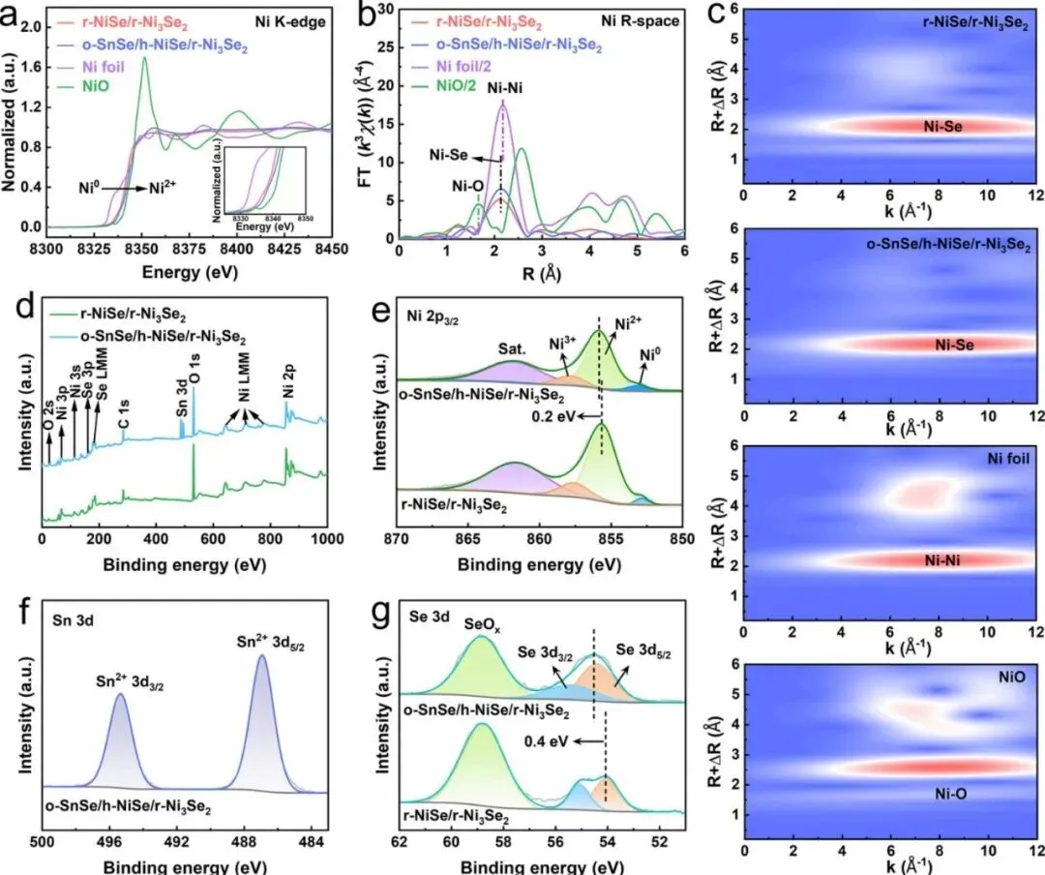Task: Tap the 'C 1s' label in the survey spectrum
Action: pos(124,423)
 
